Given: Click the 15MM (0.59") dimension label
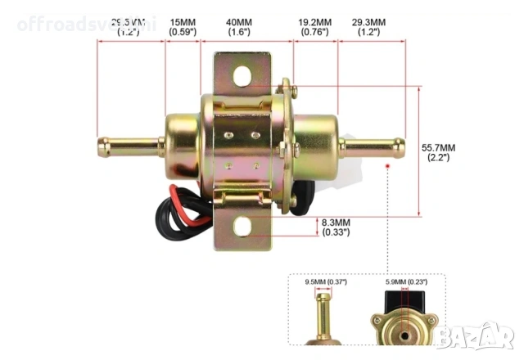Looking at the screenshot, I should coord(183,26).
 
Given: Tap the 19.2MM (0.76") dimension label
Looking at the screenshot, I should coord(314,26).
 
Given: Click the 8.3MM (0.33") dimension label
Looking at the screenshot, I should coord(335,227).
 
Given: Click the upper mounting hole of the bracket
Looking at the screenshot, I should coord(243,76).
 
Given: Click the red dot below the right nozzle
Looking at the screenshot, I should coord(388,165).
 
